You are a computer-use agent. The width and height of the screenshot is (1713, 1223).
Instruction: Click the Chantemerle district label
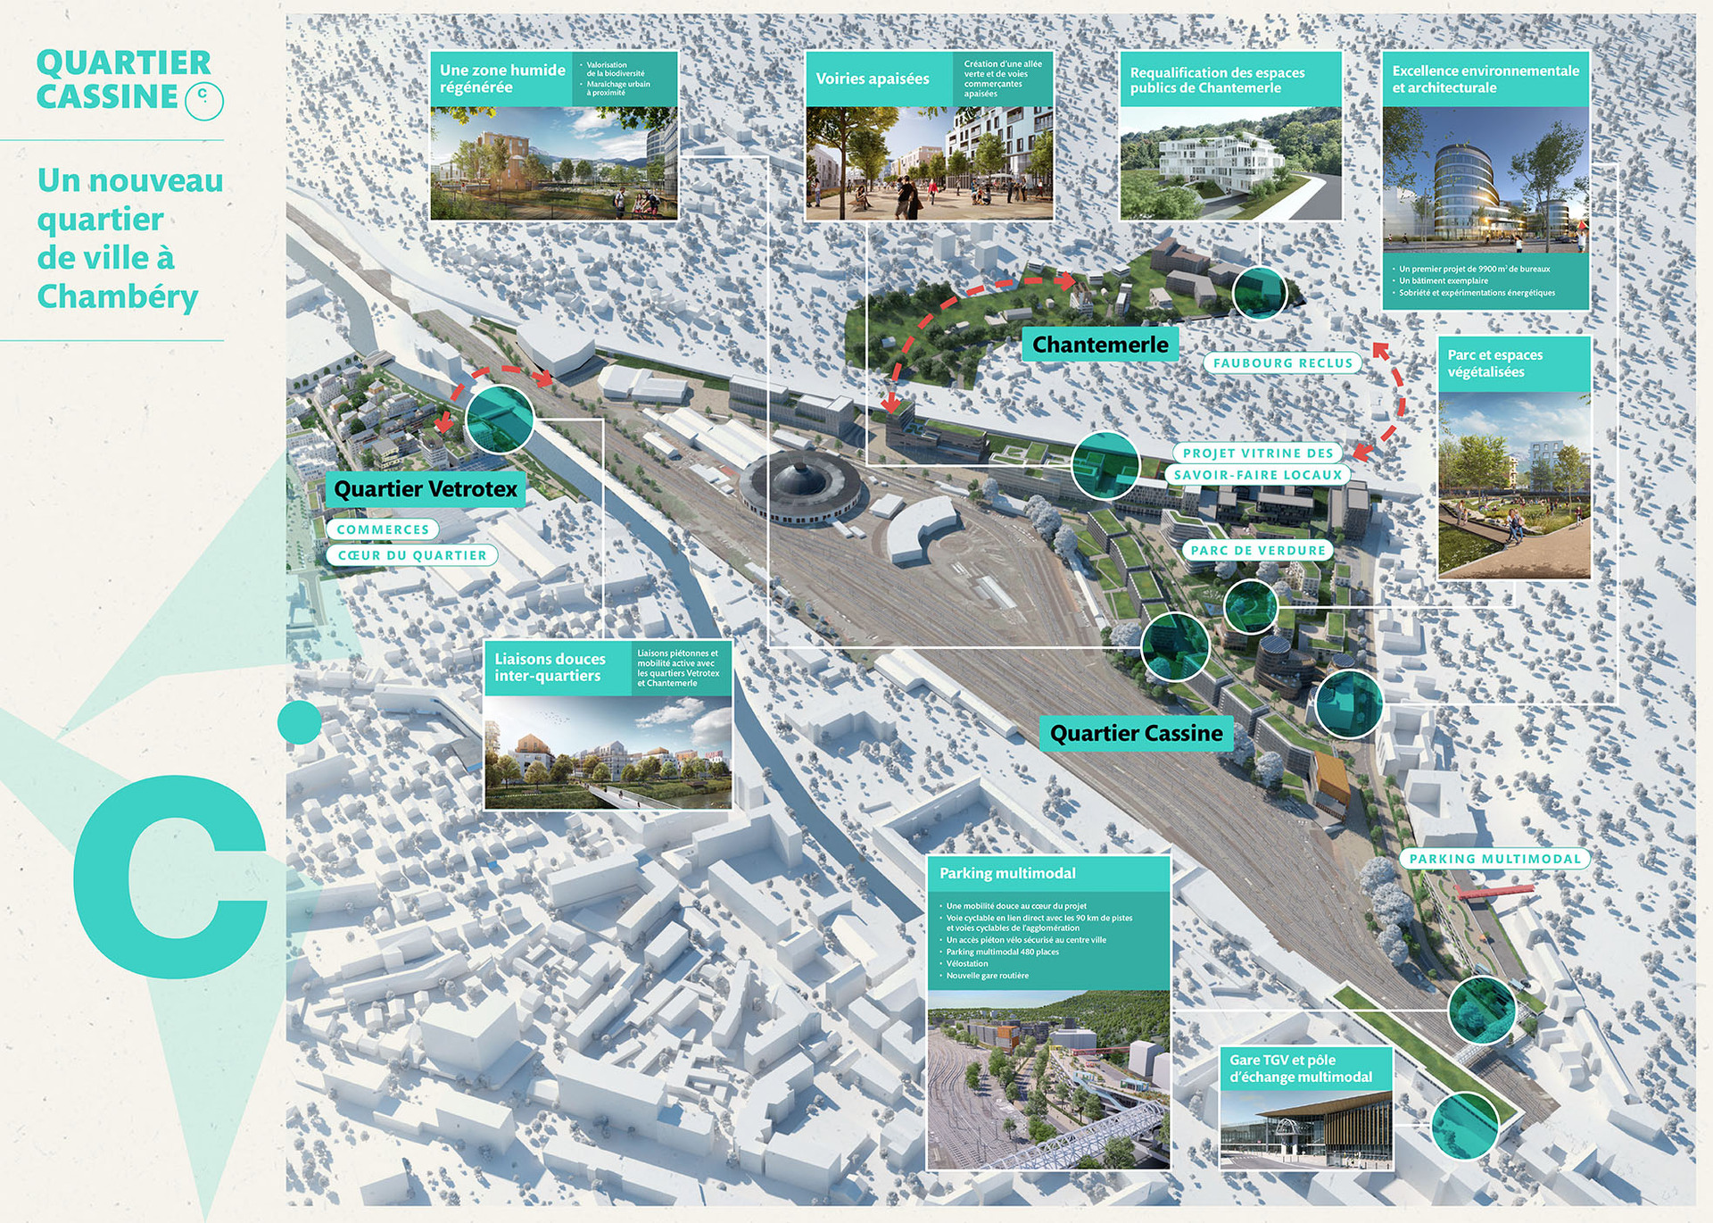[1099, 345]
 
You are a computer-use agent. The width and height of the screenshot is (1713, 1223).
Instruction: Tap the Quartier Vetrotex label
[426, 489]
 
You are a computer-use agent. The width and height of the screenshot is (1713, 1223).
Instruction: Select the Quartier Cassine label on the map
[1136, 734]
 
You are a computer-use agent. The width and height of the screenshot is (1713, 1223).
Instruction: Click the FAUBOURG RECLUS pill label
[1282, 363]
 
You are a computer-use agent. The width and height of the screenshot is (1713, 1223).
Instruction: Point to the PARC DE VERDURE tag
[1257, 551]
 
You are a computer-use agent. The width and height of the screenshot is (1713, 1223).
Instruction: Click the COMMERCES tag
[383, 529]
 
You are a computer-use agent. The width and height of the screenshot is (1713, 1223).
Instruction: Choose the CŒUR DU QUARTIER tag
[412, 555]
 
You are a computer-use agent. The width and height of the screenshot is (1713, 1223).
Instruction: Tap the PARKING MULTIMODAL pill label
[1494, 859]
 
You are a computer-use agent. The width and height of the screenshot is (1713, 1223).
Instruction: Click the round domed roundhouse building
[800, 487]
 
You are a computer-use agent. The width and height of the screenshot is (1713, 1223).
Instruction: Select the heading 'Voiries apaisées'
[872, 79]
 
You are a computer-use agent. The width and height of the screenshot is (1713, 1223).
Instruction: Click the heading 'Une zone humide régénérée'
[502, 79]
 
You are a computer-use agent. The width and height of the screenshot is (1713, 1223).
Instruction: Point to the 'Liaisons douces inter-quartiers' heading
[550, 667]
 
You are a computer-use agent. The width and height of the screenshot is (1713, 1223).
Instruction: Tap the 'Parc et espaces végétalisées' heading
[1494, 363]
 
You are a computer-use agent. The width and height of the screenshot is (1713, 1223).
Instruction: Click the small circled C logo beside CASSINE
[203, 100]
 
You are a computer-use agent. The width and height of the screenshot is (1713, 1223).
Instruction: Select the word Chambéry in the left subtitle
[118, 296]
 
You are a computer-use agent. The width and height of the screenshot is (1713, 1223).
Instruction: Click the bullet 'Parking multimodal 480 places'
[1002, 952]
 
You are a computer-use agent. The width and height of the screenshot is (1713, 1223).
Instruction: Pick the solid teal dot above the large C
[300, 722]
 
